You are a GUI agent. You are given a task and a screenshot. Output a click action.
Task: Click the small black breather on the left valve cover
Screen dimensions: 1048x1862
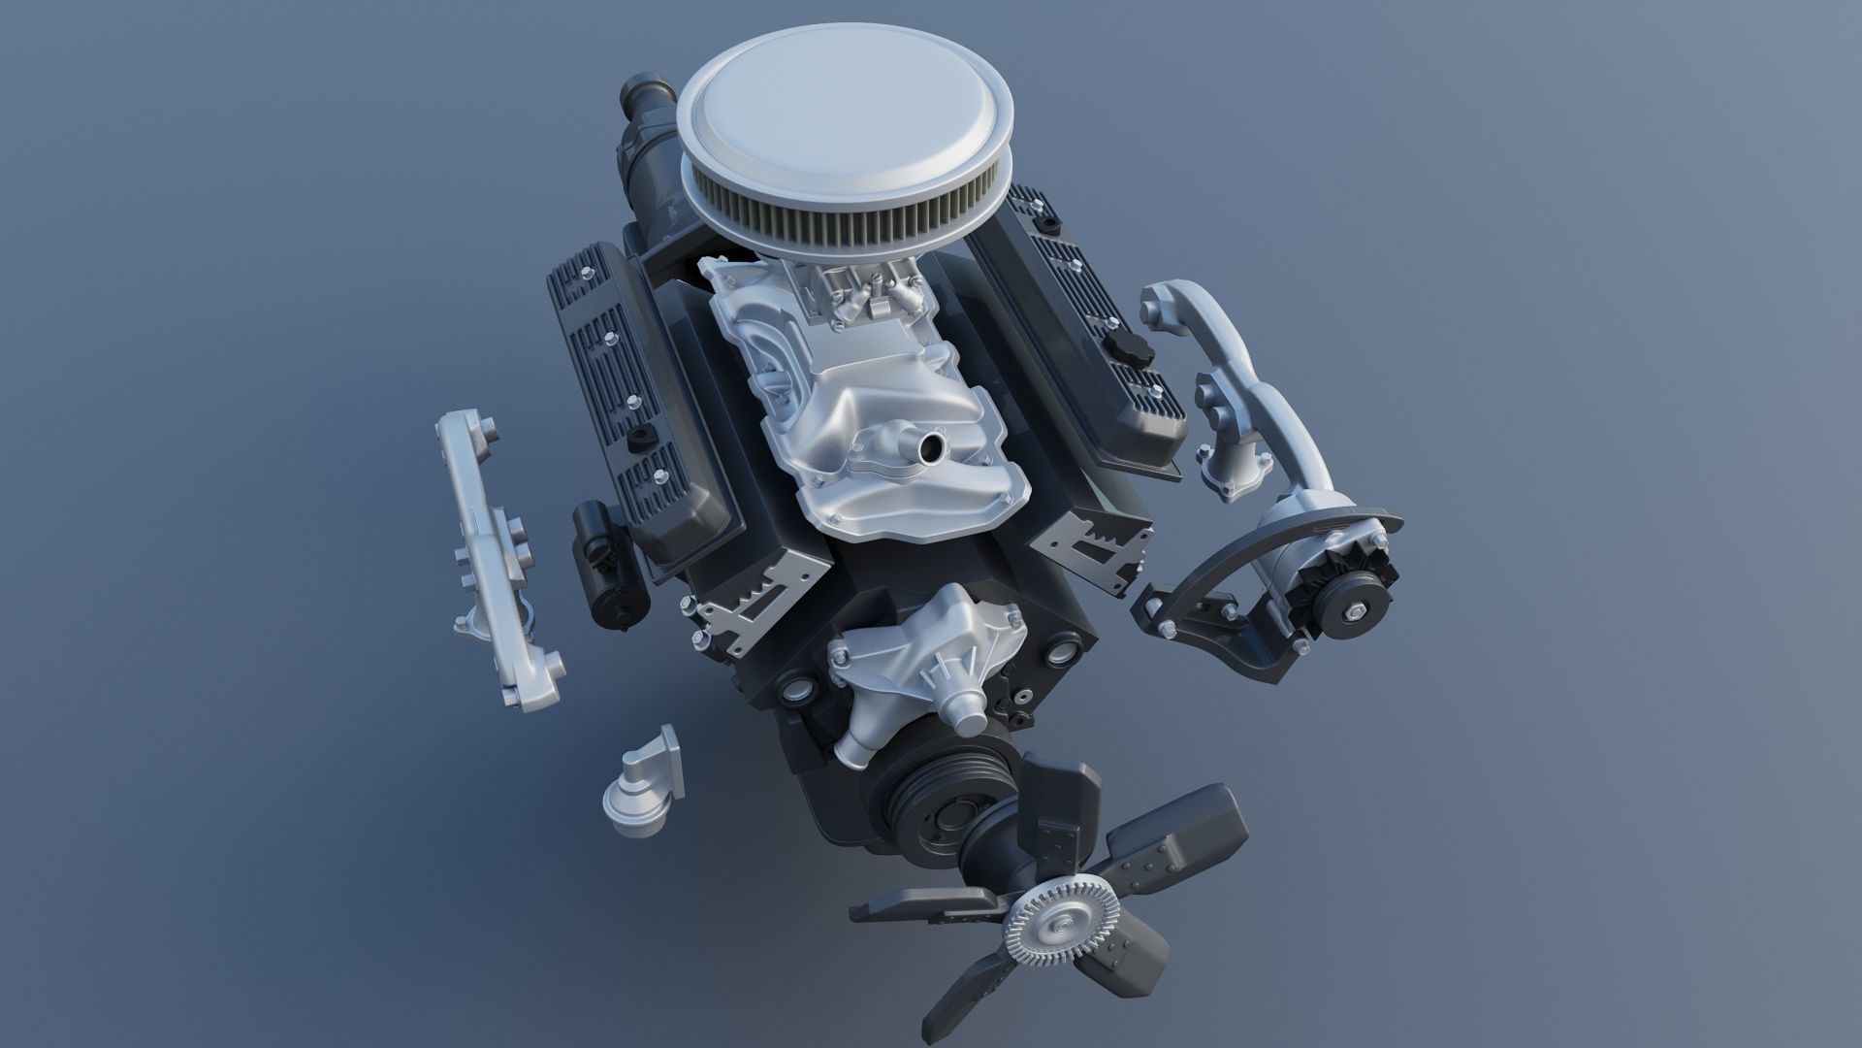640,438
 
